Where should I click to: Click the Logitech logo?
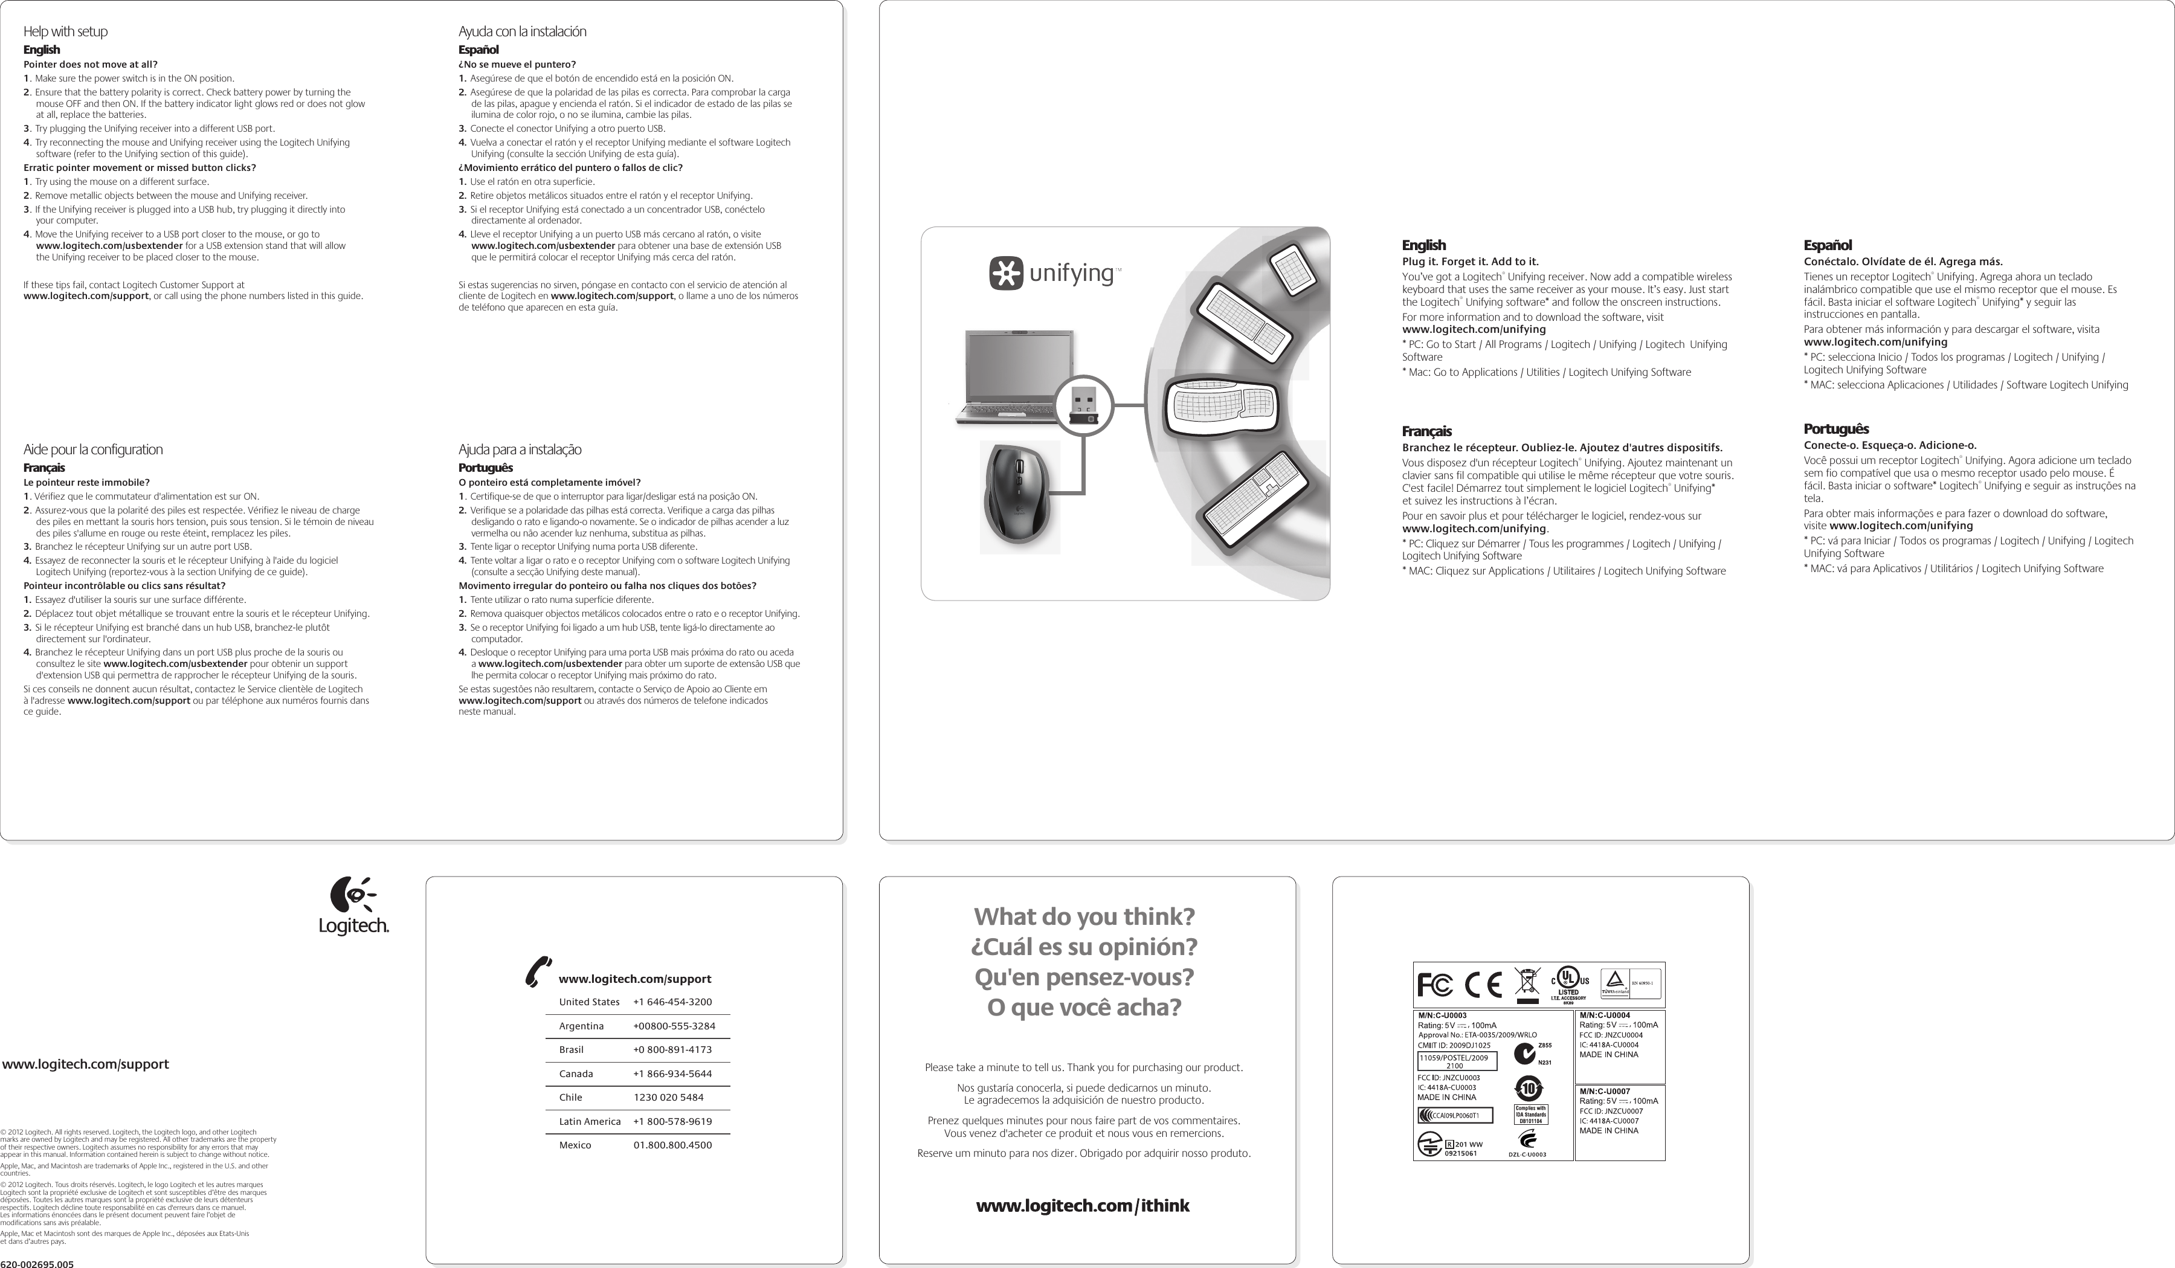pos(354,906)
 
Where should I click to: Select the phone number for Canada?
pos(672,1074)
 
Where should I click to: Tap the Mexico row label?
pos(576,1145)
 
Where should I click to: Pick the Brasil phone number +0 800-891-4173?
pos(672,1049)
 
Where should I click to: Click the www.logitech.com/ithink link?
pos(1082,1206)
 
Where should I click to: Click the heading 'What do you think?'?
pos(1084,916)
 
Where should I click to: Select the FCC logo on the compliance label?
pos(1434,985)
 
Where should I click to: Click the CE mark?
pos(1483,985)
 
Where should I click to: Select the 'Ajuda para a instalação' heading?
pos(520,449)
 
